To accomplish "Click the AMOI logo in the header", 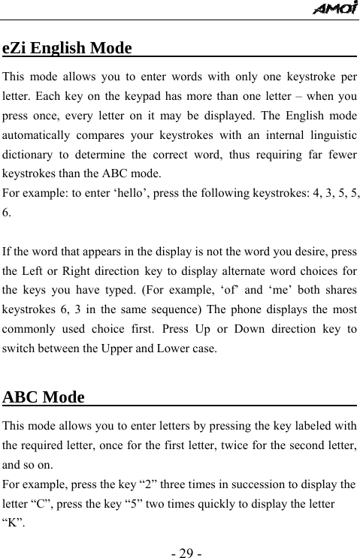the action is point(335,8).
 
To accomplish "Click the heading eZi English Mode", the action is point(68,49).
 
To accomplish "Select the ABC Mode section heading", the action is point(44,397).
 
